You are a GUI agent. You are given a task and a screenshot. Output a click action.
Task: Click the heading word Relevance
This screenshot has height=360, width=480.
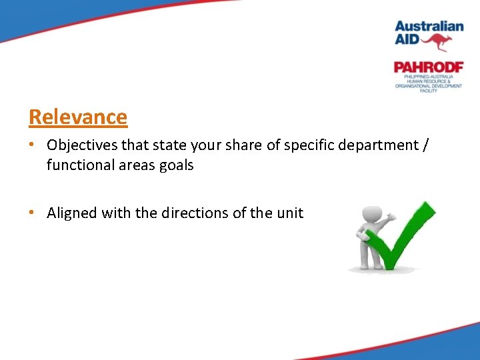click(x=78, y=117)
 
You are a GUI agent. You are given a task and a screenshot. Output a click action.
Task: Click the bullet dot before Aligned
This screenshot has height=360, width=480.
click(x=33, y=213)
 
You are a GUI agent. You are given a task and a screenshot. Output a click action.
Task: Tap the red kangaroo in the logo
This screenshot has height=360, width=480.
click(x=437, y=42)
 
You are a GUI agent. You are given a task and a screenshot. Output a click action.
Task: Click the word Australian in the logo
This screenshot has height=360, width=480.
click(x=429, y=27)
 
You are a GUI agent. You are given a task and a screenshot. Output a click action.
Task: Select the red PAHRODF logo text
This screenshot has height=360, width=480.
click(x=428, y=67)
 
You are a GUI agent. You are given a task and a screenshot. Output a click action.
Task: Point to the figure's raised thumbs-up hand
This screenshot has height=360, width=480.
click(x=391, y=216)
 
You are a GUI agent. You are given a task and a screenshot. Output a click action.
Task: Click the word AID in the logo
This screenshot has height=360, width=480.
click(x=407, y=40)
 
